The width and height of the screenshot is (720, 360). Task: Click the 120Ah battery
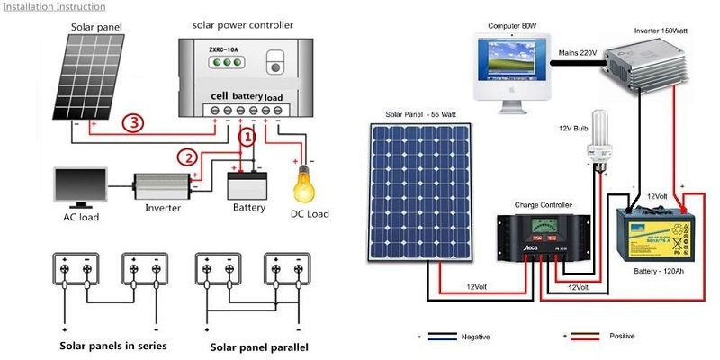(655, 234)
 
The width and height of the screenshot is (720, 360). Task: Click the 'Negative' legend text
(475, 336)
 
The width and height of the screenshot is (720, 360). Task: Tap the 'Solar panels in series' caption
(113, 345)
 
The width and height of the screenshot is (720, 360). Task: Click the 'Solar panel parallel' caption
(259, 346)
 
